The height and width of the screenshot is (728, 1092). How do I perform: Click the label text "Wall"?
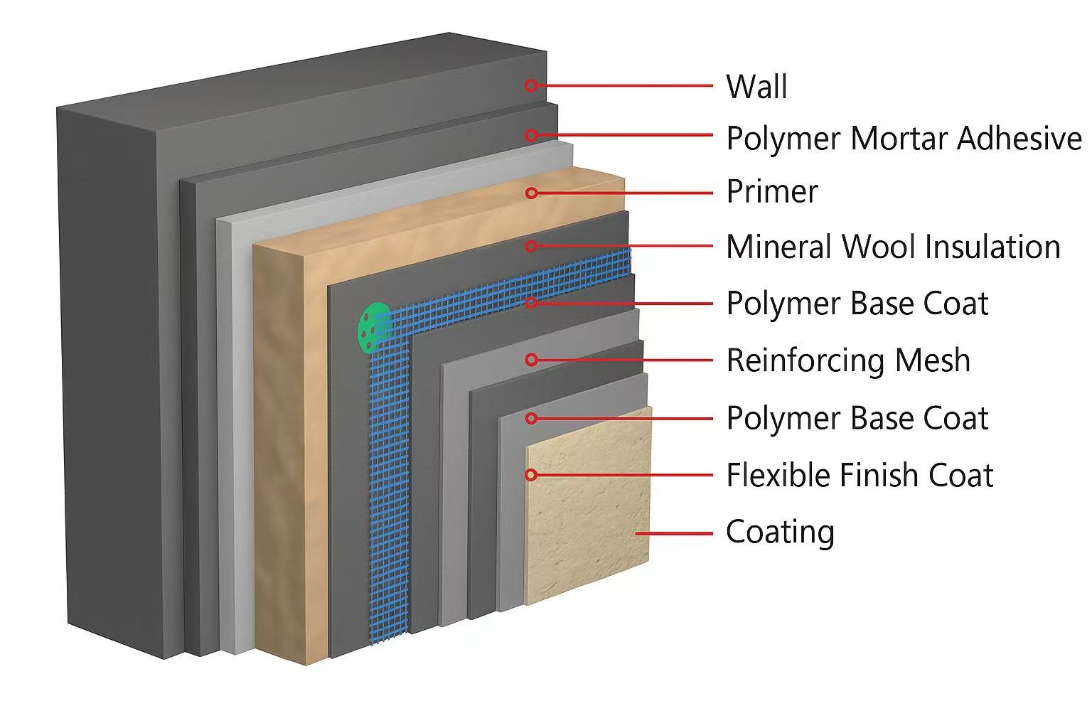756,87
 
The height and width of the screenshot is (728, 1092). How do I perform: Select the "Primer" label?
772,192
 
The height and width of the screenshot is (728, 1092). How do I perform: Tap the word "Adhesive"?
1019,138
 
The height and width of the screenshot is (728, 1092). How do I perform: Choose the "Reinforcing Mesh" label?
848,360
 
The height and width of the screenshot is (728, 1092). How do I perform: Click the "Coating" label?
780,532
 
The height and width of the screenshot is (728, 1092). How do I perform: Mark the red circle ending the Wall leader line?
530,85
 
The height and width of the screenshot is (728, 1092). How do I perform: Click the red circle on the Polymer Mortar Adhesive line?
530,135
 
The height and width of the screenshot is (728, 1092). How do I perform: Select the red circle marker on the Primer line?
531,193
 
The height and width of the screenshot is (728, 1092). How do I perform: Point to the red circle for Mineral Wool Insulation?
531,247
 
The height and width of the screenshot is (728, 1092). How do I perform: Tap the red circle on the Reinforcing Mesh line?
531,360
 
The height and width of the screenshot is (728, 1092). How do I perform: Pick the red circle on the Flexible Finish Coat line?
531,475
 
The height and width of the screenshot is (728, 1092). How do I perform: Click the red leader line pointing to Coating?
674,532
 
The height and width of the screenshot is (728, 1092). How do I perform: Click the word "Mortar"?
898,138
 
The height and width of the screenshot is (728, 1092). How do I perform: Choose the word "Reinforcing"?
805,360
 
